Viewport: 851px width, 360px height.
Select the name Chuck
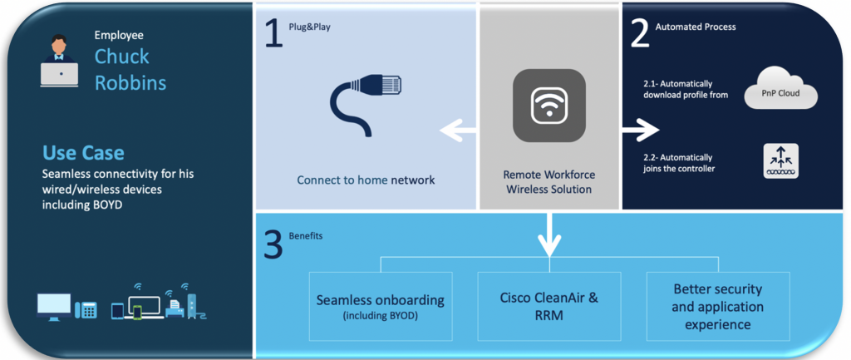(x=121, y=57)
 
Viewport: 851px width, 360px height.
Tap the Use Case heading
(x=83, y=153)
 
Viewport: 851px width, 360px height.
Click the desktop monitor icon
(x=54, y=306)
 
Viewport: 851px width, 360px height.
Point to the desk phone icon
(x=86, y=310)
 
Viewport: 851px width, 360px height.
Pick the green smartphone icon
(x=137, y=312)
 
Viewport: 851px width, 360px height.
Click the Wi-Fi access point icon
(x=548, y=105)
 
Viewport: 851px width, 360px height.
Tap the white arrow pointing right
(x=640, y=130)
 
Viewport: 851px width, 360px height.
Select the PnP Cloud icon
(x=781, y=91)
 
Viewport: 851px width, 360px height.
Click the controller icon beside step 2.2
(x=780, y=160)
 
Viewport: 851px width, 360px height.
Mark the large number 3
(x=273, y=246)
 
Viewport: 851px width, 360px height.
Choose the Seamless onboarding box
(x=380, y=305)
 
